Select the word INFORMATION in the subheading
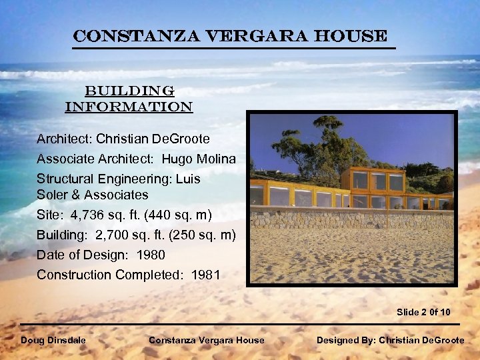(x=129, y=107)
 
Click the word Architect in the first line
(x=63, y=139)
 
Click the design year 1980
(x=151, y=255)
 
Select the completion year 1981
(x=206, y=275)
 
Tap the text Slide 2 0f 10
(x=423, y=312)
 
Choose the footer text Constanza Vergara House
(x=206, y=340)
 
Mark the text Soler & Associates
(x=93, y=195)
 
